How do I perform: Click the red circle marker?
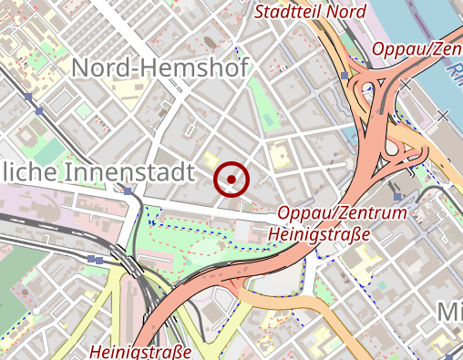pyautogui.click(x=231, y=179)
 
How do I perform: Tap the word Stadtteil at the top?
pyautogui.click(x=288, y=12)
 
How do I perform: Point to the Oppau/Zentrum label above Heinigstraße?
pyautogui.click(x=341, y=212)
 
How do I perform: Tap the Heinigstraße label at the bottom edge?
pyautogui.click(x=140, y=351)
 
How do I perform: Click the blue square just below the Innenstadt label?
pyautogui.click(x=129, y=191)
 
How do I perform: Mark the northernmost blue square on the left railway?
pyautogui.click(x=29, y=97)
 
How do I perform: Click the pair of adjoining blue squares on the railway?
pyautogui.click(x=95, y=259)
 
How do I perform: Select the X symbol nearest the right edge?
pyautogui.click(x=443, y=115)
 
